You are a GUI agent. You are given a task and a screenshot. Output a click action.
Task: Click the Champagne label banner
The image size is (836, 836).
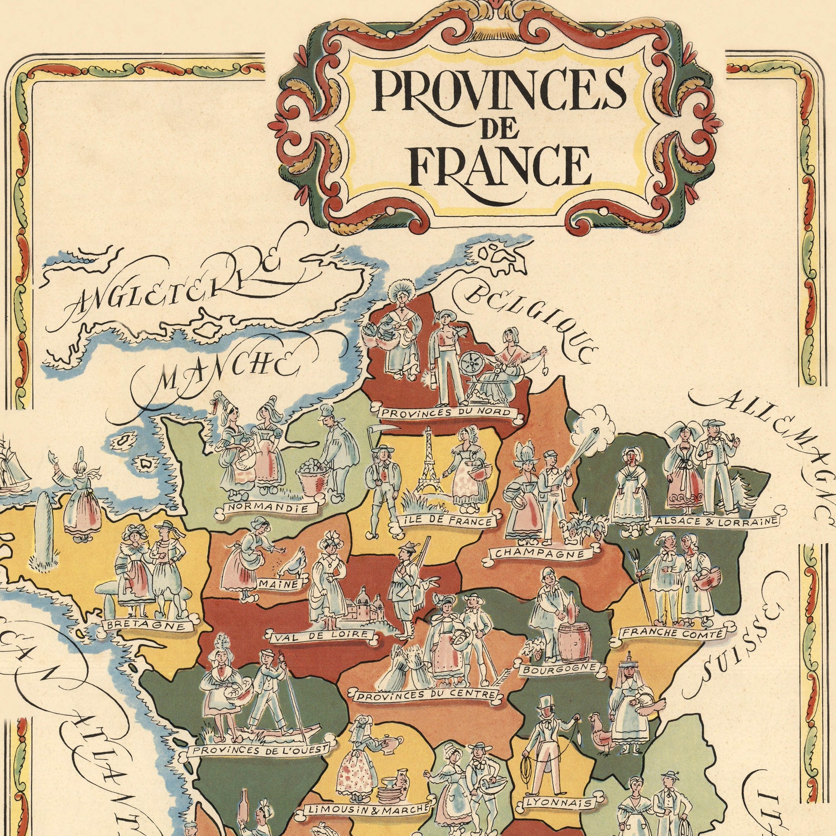pos(540,554)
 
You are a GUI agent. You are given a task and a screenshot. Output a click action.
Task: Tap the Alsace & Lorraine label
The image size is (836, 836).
pos(714,521)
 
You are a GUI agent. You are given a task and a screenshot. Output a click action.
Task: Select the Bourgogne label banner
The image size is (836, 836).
pos(559,669)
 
